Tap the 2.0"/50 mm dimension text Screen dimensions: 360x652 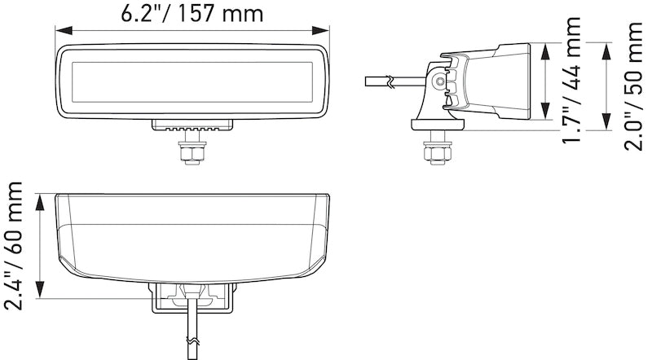click(x=634, y=86)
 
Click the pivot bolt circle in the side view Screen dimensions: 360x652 click(x=440, y=81)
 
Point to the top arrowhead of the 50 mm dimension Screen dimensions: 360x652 click(x=605, y=47)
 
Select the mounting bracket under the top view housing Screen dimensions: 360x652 click(x=192, y=296)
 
